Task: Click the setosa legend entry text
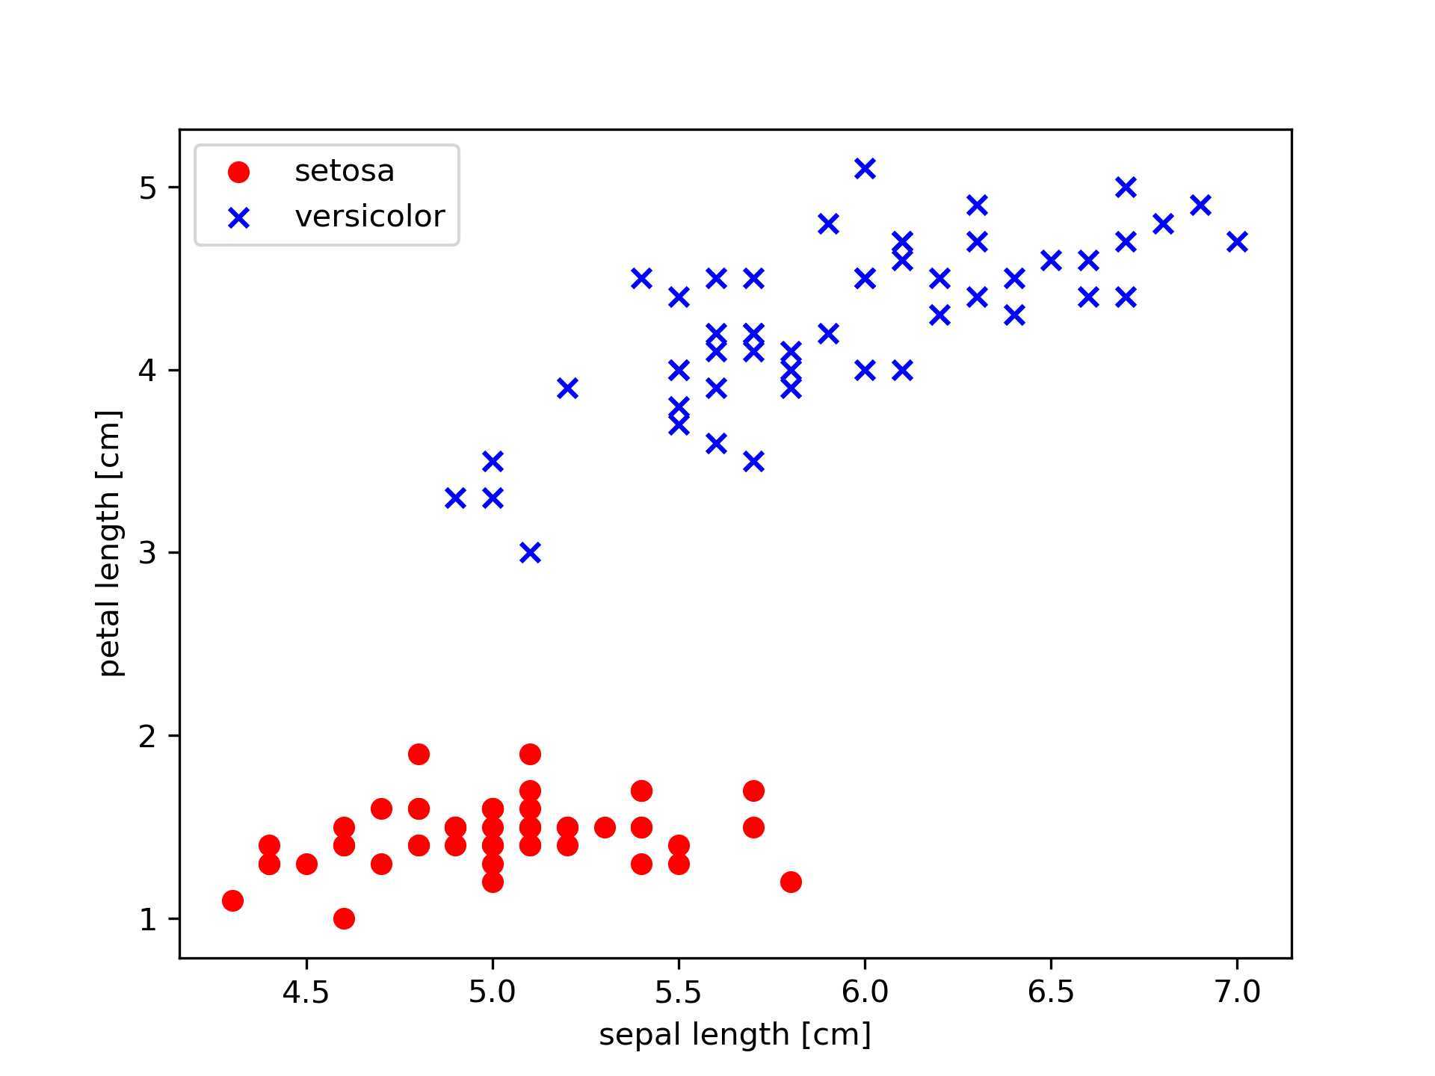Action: [344, 172]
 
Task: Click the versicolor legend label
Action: [369, 217]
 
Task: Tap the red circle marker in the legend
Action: [238, 173]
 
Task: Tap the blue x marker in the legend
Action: [238, 218]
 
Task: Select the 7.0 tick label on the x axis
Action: [1237, 992]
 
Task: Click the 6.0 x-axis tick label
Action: [865, 992]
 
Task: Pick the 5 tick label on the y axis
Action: [148, 188]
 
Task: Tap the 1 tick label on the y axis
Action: [148, 919]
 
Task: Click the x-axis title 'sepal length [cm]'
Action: [735, 1035]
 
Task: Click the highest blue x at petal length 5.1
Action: [865, 169]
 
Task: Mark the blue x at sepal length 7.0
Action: [1237, 242]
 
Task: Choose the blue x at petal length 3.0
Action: [530, 553]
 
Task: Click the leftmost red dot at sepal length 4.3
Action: [232, 900]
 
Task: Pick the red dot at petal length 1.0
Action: [344, 918]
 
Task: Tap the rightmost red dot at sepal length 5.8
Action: [791, 882]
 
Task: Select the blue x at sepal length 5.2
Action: [567, 389]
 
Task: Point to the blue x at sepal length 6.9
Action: [1200, 205]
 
